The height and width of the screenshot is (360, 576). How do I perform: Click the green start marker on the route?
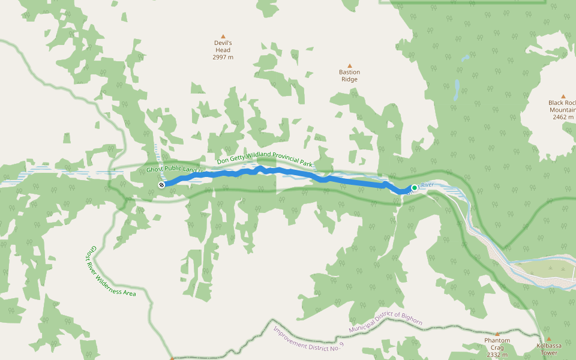click(x=414, y=188)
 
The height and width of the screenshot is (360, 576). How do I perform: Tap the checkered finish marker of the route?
click(x=161, y=185)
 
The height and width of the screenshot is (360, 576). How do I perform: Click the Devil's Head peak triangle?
click(x=223, y=36)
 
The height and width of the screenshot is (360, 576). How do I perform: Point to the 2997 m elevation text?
click(x=223, y=58)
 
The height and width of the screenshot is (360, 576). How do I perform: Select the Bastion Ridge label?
click(x=349, y=76)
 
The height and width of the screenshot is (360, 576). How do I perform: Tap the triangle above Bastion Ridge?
click(x=350, y=65)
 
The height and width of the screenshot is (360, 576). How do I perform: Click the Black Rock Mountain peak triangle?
click(x=563, y=96)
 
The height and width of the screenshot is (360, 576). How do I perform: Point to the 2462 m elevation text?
click(x=563, y=117)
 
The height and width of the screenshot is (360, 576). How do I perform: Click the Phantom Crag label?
click(x=497, y=344)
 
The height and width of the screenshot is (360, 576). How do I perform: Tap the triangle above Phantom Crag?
click(x=497, y=334)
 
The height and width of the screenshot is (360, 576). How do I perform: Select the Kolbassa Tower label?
click(x=549, y=349)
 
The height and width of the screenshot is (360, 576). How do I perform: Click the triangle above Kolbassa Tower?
click(x=548, y=339)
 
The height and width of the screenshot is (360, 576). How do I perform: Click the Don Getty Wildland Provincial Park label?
click(x=265, y=158)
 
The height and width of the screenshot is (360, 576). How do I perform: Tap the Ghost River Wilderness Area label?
click(x=112, y=271)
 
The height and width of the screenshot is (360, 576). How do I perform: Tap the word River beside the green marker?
click(x=427, y=185)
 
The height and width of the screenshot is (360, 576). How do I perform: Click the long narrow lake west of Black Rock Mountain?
click(x=457, y=90)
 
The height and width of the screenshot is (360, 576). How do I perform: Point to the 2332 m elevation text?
click(x=497, y=355)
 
